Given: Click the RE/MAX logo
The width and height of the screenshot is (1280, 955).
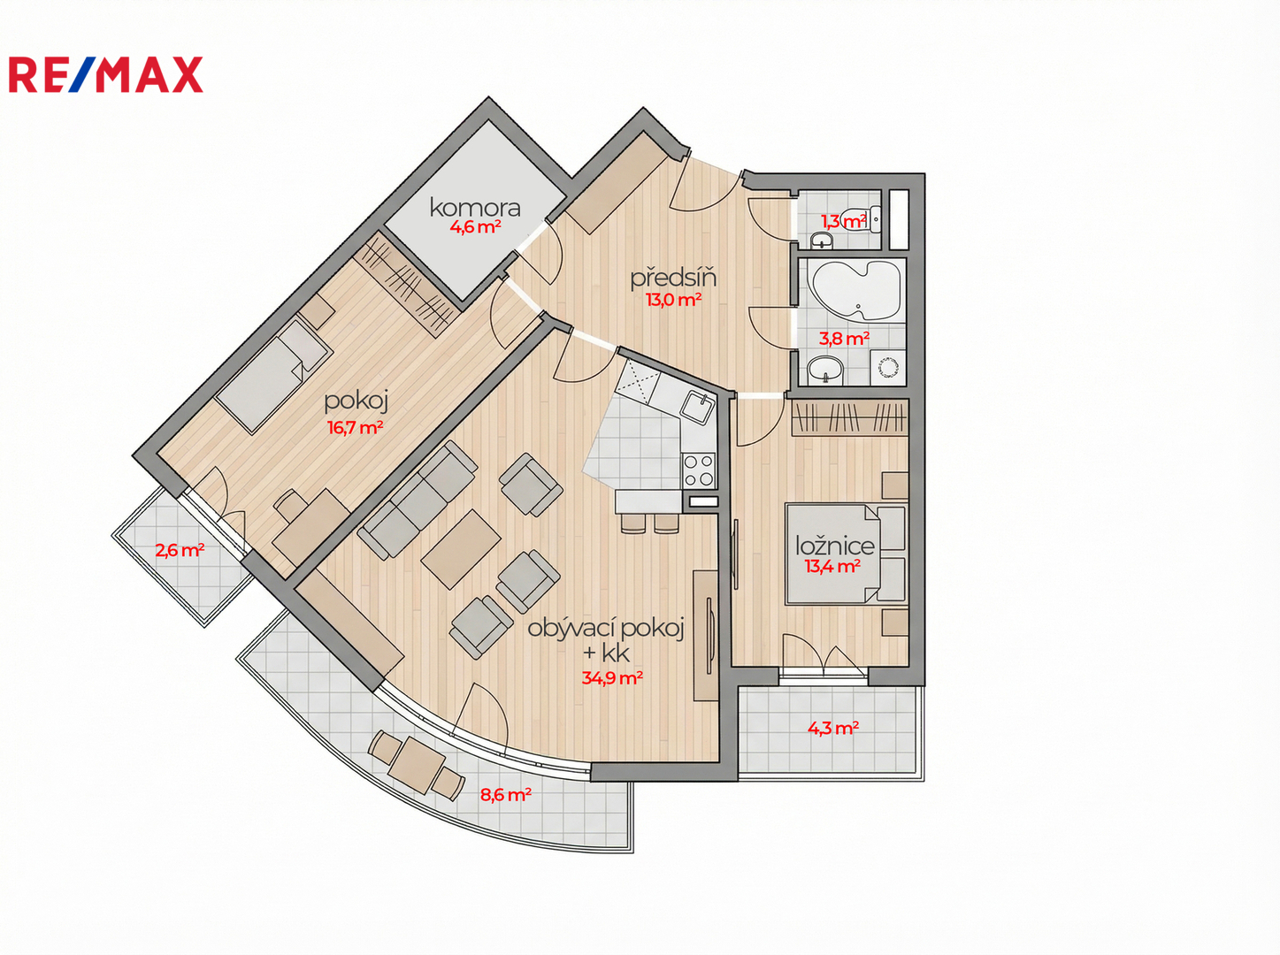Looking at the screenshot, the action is pyautogui.click(x=105, y=74).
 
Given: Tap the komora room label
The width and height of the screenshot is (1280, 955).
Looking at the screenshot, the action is pyautogui.click(x=475, y=208).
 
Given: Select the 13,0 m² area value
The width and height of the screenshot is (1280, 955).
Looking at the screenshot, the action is pyautogui.click(x=673, y=300).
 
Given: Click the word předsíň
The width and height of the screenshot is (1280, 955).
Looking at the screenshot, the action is pyautogui.click(x=673, y=278).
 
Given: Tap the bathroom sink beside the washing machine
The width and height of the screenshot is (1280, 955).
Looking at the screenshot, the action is pyautogui.click(x=825, y=370).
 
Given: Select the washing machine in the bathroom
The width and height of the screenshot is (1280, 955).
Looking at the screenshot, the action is pyautogui.click(x=887, y=368).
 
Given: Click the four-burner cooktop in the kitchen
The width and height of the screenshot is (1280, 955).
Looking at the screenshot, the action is pyautogui.click(x=699, y=470).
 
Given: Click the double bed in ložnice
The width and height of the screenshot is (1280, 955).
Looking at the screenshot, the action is pyautogui.click(x=845, y=554).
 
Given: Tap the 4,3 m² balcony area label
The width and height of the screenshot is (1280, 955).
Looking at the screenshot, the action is pyautogui.click(x=832, y=728).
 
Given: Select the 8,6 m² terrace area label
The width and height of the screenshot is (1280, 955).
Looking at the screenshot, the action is pyautogui.click(x=505, y=795).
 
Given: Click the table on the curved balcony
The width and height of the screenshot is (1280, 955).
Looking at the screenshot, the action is pyautogui.click(x=416, y=767).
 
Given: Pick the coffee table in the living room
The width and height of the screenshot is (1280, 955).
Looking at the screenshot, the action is pyautogui.click(x=461, y=549).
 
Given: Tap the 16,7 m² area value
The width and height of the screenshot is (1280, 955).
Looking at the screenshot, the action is pyautogui.click(x=355, y=428).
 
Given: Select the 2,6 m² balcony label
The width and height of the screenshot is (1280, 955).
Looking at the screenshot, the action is pyautogui.click(x=179, y=550).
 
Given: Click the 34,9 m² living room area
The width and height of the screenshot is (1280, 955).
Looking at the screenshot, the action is pyautogui.click(x=612, y=677).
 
